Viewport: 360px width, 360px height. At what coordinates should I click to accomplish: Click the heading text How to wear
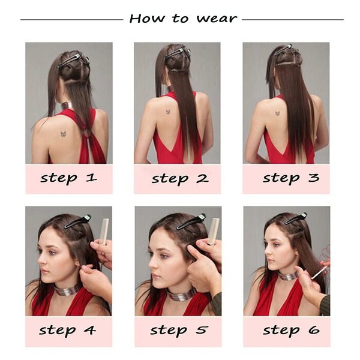coord(182,18)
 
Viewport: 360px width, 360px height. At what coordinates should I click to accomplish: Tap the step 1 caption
coord(68,178)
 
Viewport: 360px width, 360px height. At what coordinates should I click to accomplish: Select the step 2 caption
coord(179,178)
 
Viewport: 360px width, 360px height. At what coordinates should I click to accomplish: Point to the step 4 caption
coord(68,329)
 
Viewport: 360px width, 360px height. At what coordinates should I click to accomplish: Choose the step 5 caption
coord(178,329)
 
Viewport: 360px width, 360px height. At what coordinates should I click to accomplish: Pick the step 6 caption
coord(290,329)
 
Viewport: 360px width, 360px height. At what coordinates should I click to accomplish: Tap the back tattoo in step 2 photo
coord(168,113)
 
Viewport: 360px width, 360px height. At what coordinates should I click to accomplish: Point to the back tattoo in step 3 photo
coord(278,113)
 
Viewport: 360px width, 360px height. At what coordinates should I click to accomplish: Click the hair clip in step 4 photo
coord(77,221)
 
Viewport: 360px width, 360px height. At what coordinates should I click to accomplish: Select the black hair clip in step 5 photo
coord(191,221)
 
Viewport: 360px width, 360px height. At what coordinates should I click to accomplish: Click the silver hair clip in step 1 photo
coord(70,59)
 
